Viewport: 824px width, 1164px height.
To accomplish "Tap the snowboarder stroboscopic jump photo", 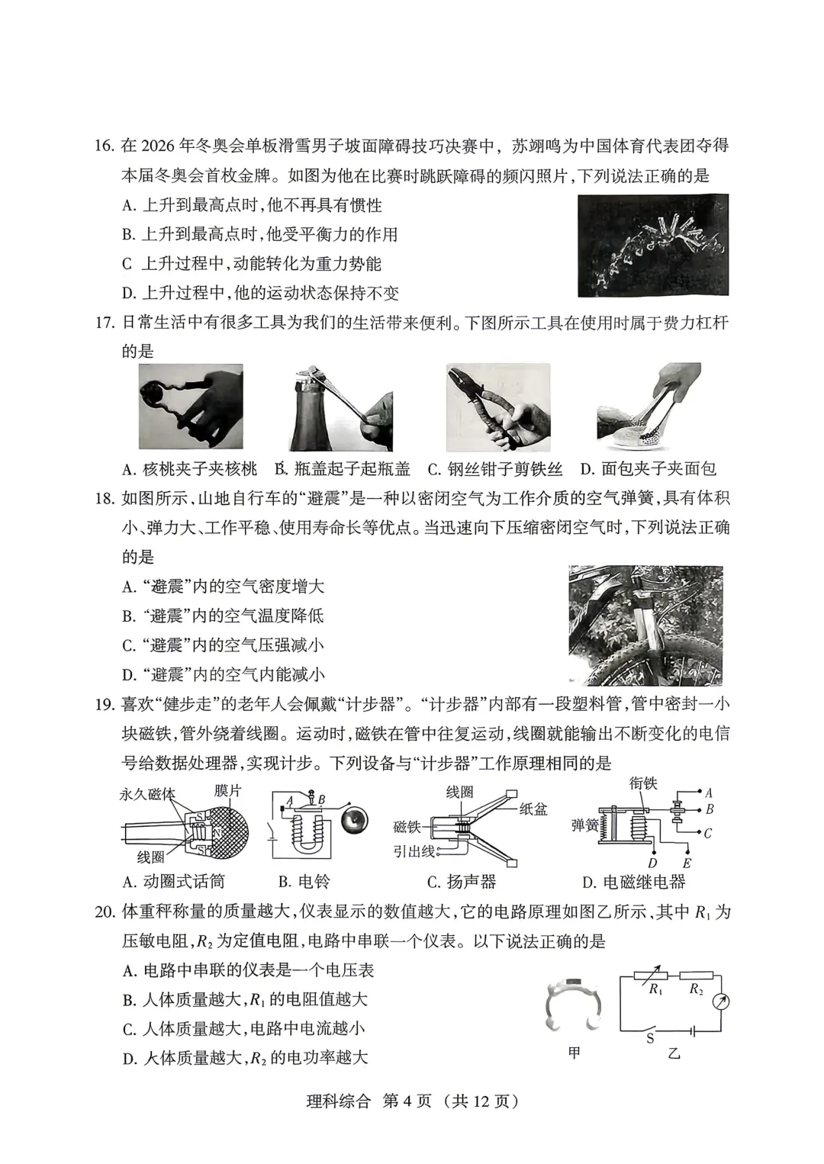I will [652, 246].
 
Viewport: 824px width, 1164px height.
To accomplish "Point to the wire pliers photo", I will [497, 407].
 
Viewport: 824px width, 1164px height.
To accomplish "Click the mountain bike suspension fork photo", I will [645, 625].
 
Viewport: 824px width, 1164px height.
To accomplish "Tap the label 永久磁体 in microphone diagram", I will [146, 793].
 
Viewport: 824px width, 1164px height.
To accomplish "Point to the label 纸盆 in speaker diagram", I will [533, 809].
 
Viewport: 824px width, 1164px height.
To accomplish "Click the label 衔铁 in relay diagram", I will [643, 783].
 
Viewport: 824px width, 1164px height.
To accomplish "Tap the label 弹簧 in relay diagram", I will [584, 825].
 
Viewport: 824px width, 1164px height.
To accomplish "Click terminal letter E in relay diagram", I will [687, 863].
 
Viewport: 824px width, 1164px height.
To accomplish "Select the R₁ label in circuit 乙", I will [655, 989].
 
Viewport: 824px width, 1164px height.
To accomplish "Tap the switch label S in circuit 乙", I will [650, 1038].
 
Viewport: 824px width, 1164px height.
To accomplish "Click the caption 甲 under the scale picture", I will [574, 1053].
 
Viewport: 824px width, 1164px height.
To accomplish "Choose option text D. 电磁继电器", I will [632, 883].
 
